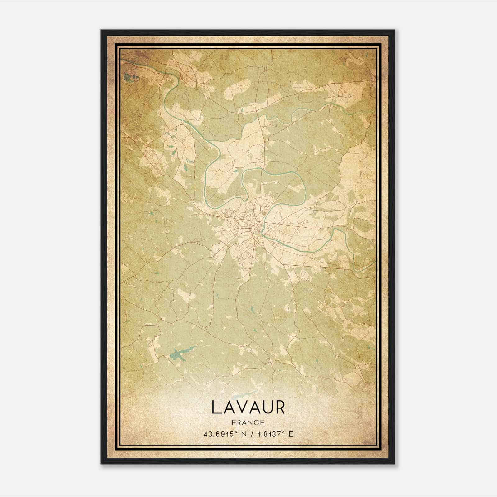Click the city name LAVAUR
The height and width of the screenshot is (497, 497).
pyautogui.click(x=248, y=407)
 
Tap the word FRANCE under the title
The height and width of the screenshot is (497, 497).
pyautogui.click(x=248, y=422)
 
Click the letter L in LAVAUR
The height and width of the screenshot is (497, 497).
pyautogui.click(x=216, y=407)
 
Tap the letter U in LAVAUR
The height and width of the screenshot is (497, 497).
pyautogui.click(x=267, y=407)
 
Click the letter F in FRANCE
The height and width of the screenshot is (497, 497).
pyautogui.click(x=233, y=422)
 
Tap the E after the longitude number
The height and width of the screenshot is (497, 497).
pyautogui.click(x=291, y=434)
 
